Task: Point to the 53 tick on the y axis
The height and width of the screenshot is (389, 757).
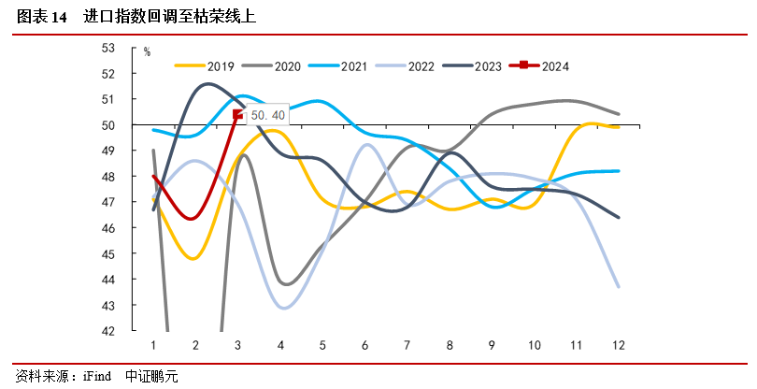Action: pos(134,48)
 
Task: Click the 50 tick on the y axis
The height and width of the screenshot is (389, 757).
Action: pos(134,125)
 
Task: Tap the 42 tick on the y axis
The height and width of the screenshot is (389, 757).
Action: pos(134,331)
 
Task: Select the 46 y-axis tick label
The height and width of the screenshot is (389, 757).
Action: pos(134,228)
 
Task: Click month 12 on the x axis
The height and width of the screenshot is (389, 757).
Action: pos(618,345)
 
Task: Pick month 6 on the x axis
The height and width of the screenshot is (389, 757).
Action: pos(364,345)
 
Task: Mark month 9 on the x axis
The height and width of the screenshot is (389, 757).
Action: pos(491,345)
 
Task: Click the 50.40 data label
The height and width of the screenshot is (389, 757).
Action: pos(266,114)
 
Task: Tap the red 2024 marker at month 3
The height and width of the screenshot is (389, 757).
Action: pos(237,115)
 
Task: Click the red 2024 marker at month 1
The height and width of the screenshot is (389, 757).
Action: pos(154,177)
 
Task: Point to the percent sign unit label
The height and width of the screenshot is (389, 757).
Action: pos(147,52)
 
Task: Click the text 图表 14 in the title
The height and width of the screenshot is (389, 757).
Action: pos(42,17)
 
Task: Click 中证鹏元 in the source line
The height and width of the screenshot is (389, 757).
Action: pos(150,377)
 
